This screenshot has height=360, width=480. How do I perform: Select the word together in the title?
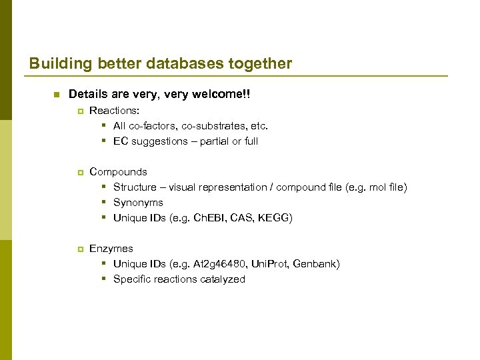[x=257, y=64]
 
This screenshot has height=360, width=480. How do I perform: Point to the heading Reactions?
[x=114, y=111]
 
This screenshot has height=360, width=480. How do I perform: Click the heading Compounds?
[x=118, y=172]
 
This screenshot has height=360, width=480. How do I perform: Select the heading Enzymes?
[x=111, y=249]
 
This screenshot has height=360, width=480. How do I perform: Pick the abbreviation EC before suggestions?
[x=121, y=141]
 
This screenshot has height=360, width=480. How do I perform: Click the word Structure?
[x=135, y=187]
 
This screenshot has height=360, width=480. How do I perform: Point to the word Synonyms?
[x=138, y=203]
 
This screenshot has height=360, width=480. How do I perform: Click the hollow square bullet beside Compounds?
[x=80, y=172]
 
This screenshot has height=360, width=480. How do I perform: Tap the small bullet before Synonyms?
[x=105, y=203]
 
